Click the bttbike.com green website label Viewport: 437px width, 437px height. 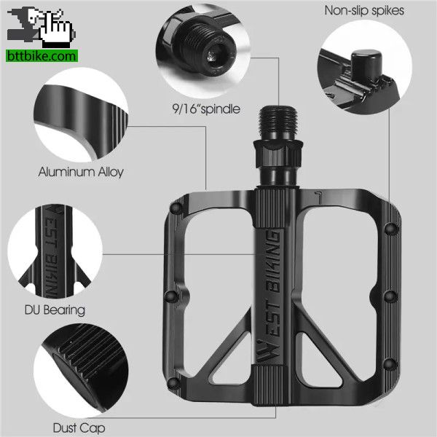pyautogui.click(x=42, y=56)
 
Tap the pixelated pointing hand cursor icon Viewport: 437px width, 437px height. pyautogui.click(x=56, y=28)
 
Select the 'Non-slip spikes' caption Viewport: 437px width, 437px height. pyautogui.click(x=364, y=11)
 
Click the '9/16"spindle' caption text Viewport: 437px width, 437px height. pyautogui.click(x=206, y=109)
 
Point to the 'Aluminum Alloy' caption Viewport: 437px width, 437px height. pyautogui.click(x=81, y=172)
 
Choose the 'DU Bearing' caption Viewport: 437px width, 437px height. pyautogui.click(x=55, y=310)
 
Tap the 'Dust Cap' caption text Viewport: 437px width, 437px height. pyautogui.click(x=79, y=428)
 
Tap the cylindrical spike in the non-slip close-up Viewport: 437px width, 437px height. pyautogui.click(x=366, y=63)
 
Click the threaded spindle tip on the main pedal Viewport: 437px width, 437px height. pyautogui.click(x=278, y=122)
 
